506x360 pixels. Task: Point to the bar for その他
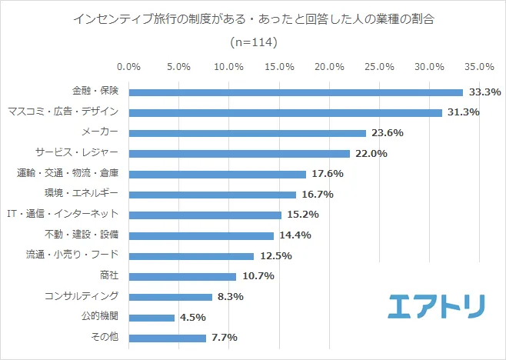click(x=168, y=338)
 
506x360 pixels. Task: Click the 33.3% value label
click(x=484, y=92)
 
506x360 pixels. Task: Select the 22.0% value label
click(x=371, y=154)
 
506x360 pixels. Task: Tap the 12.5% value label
click(x=275, y=256)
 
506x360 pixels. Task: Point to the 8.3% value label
click(x=231, y=297)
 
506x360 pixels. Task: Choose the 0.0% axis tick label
click(x=128, y=67)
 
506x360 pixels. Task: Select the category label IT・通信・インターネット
click(x=62, y=215)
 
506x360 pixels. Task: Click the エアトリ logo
click(x=436, y=306)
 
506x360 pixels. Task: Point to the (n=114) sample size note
click(x=253, y=42)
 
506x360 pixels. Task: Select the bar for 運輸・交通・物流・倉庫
click(x=217, y=174)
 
